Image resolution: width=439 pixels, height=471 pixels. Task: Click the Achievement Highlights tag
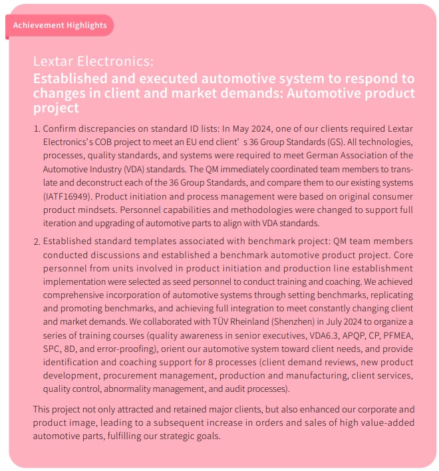[x=60, y=25]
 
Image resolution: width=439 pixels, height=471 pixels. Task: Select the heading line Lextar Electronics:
[x=93, y=61]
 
